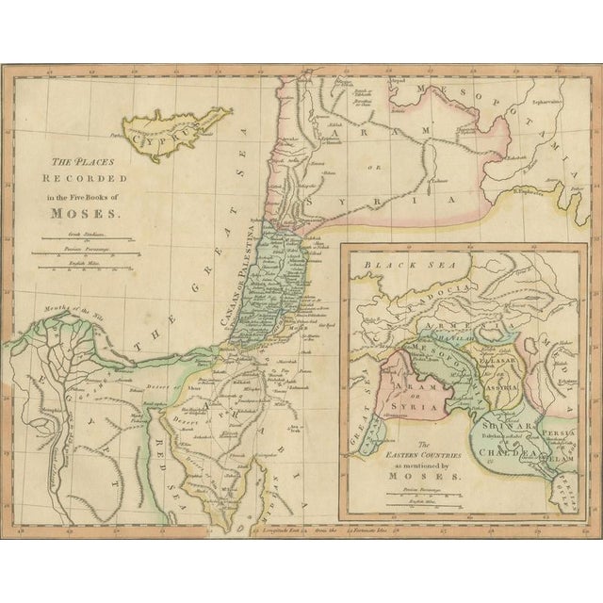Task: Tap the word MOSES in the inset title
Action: tap(429, 477)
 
